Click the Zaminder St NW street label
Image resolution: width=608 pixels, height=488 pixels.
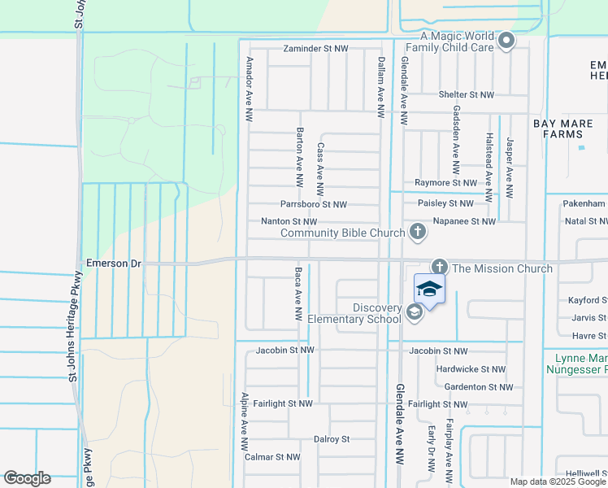pyautogui.click(x=315, y=49)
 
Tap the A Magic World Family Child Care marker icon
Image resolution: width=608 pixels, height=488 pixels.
pyautogui.click(x=506, y=41)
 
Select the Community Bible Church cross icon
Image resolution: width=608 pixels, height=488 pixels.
pyautogui.click(x=418, y=233)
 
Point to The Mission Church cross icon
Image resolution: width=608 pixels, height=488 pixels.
pyautogui.click(x=440, y=268)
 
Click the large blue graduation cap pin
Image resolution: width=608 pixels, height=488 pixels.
pyautogui.click(x=430, y=290)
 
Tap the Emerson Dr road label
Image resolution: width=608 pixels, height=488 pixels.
pyautogui.click(x=114, y=264)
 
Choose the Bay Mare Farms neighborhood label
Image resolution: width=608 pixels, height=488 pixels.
pyautogui.click(x=569, y=129)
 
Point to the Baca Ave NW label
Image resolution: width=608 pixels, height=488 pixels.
pyautogui.click(x=298, y=292)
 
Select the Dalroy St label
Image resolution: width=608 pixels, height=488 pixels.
pyautogui.click(x=331, y=439)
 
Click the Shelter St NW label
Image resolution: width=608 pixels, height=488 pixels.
pyautogui.click(x=467, y=95)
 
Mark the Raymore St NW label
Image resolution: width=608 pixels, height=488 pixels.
pyautogui.click(x=445, y=183)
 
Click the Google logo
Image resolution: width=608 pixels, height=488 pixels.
pyautogui.click(x=27, y=477)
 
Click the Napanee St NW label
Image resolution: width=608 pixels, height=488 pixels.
pyautogui.click(x=466, y=221)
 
